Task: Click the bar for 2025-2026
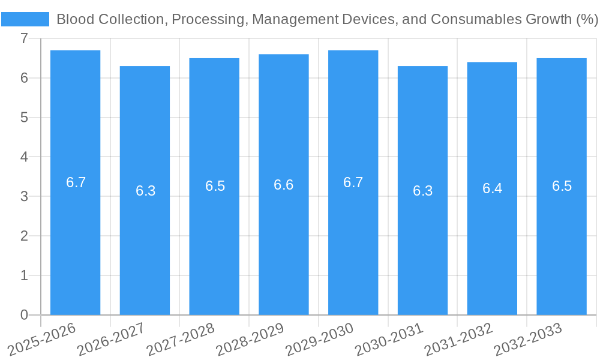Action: tap(75, 240)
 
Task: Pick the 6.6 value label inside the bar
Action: tap(283, 185)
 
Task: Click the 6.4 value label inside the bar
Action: tap(492, 188)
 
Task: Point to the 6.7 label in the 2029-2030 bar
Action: tap(353, 182)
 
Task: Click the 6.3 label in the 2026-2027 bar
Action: tap(145, 191)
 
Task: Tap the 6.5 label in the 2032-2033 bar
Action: tap(562, 186)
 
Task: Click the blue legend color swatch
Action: tap(25, 19)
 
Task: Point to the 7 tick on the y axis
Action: tap(24, 38)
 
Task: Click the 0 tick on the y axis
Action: tap(24, 314)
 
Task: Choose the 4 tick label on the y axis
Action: tap(24, 157)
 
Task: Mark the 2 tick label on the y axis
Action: tap(24, 236)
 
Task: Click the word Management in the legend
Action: tap(290, 19)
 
